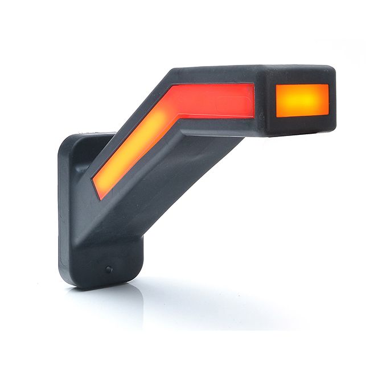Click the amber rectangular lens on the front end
pos(302,100)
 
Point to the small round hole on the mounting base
pos(108,269)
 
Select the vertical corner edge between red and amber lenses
pos(262,102)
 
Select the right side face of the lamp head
pos(332,100)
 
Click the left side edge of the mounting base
pos(61,211)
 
